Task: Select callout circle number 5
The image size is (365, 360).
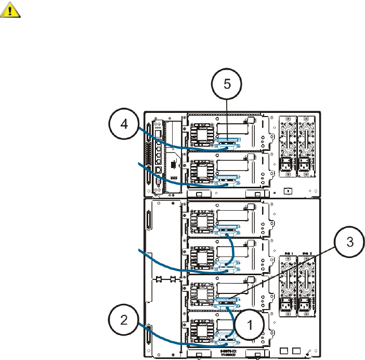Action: click(x=228, y=87)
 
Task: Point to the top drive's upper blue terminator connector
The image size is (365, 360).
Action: click(x=227, y=140)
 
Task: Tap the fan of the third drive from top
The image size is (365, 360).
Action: click(x=200, y=221)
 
